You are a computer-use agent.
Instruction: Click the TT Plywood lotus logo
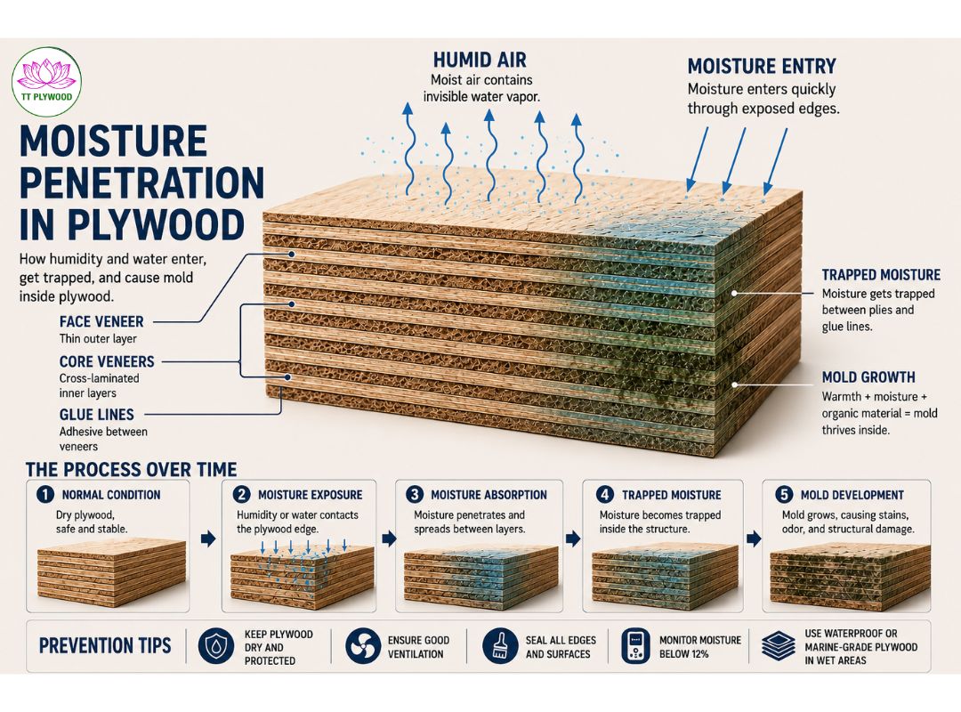point(46,82)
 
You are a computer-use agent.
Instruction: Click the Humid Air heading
point(480,61)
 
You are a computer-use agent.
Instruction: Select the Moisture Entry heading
point(762,66)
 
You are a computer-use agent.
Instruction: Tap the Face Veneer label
point(101,321)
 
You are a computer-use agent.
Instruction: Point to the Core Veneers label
point(107,361)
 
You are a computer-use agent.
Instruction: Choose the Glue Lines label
point(96,414)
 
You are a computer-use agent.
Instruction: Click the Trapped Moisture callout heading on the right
point(881,275)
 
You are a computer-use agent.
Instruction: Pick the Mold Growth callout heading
point(868,377)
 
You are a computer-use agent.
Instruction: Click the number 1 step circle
point(45,494)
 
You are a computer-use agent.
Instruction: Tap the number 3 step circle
point(415,494)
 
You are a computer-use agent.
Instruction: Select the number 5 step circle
point(783,494)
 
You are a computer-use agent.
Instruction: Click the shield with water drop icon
point(215,646)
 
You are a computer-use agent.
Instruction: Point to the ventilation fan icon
point(363,646)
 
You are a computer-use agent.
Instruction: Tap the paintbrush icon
point(500,646)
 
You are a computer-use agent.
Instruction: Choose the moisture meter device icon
point(635,646)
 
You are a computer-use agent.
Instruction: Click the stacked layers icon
point(779,646)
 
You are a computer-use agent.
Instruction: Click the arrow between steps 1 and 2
point(208,539)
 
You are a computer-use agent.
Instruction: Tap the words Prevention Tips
point(105,646)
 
